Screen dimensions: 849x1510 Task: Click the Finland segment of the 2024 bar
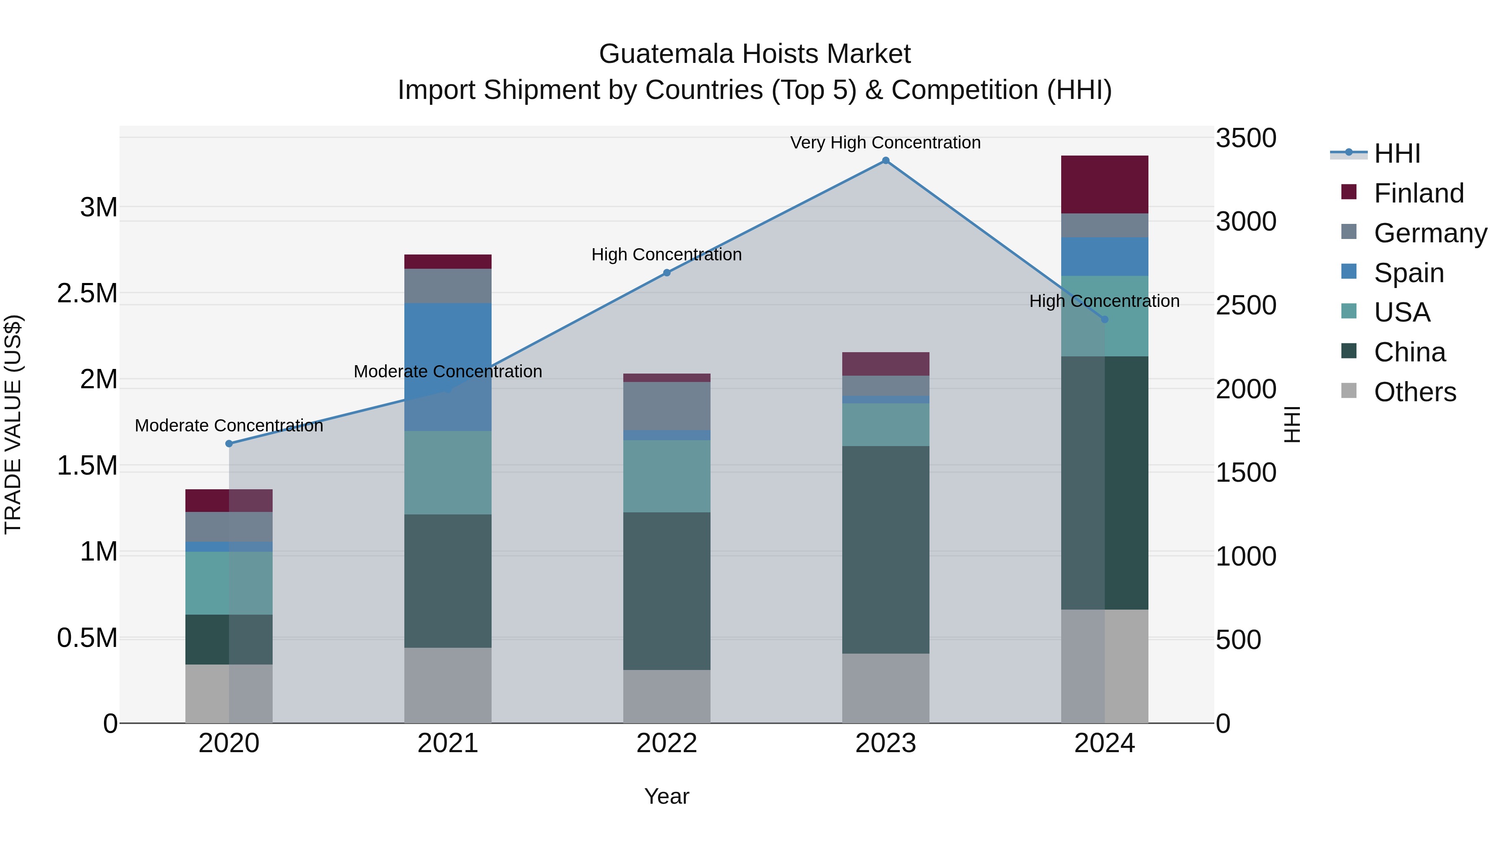(1104, 184)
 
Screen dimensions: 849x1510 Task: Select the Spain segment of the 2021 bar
(448, 367)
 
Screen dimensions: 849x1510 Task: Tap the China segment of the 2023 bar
(885, 550)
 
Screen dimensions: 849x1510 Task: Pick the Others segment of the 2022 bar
(666, 696)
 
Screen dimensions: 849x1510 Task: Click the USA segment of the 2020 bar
(229, 583)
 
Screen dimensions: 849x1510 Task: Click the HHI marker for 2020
(229, 444)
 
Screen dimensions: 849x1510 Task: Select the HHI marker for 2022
(666, 273)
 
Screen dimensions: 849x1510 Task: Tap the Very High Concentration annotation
(885, 143)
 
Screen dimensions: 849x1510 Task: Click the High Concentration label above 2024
(1104, 301)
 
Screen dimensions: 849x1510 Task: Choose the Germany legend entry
(1430, 233)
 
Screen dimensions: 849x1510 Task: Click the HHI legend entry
(1396, 153)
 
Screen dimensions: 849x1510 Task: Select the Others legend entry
(1414, 392)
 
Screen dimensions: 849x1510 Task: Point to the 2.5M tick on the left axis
(87, 293)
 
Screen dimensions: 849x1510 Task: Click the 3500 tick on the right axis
(1246, 138)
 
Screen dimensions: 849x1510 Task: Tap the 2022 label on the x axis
(666, 743)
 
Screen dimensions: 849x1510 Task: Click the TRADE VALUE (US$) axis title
(13, 424)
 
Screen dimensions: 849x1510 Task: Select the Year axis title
(666, 796)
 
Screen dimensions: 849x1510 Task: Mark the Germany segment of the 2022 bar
(666, 406)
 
